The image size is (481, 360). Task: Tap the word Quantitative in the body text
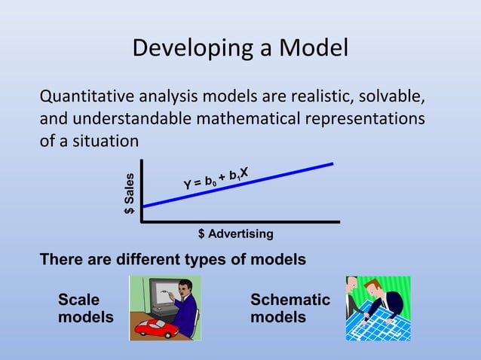pos(86,98)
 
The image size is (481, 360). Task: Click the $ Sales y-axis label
pos(130,194)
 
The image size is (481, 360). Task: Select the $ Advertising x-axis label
pos(235,234)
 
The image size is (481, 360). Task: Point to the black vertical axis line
pos(140,192)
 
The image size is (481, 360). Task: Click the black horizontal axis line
pos(241,222)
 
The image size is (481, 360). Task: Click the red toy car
pos(159,326)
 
